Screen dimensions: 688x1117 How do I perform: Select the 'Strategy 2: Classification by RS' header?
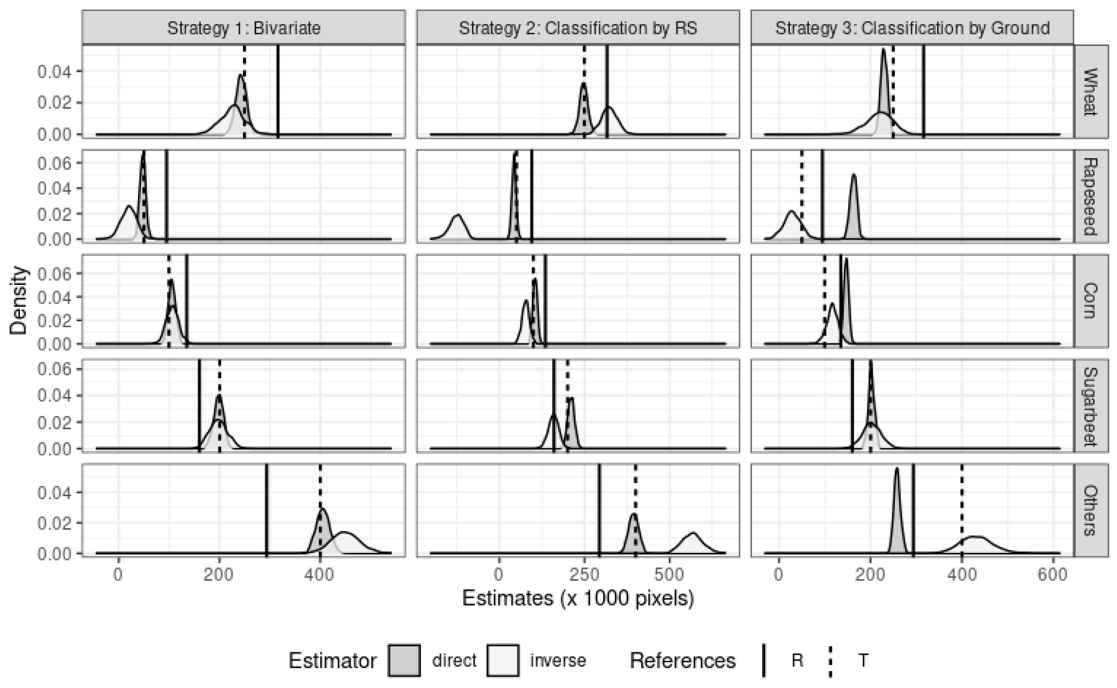pos(578,28)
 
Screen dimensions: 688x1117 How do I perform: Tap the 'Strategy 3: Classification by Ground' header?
pos(912,28)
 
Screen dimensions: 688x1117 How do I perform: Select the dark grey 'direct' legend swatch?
pos(404,660)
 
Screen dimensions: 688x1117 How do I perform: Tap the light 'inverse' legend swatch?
pos(502,660)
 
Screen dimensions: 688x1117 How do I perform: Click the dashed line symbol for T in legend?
pos(830,660)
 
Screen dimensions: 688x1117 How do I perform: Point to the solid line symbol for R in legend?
pos(764,660)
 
